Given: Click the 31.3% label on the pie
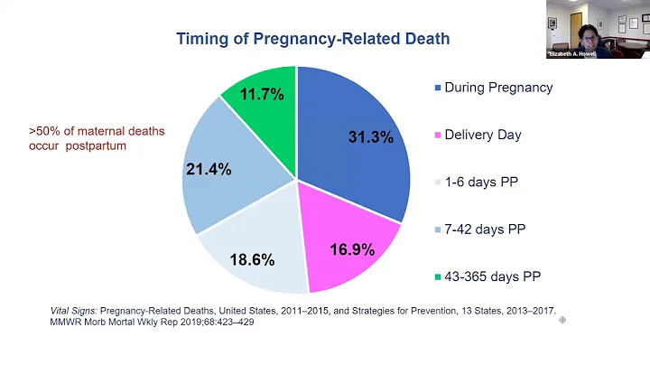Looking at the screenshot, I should coord(370,137).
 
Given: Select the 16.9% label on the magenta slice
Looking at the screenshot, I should coord(351,250).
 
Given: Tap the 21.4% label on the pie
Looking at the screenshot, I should coord(208,169).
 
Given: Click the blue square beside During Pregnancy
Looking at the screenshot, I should coord(438,89).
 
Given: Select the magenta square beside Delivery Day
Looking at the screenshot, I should coord(438,136).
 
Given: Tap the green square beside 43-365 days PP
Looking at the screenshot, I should coord(438,276).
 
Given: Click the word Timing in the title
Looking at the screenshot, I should coord(204,39).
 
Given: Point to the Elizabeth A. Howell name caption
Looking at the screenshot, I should coord(571,54).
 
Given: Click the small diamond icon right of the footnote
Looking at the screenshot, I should coord(562,320).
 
